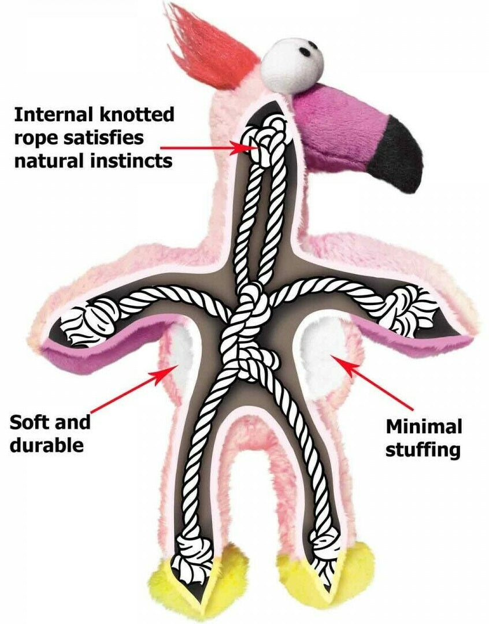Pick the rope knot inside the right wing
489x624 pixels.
pos(410,309)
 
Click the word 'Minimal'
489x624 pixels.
pos(424,428)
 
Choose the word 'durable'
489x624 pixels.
pos(47,444)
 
